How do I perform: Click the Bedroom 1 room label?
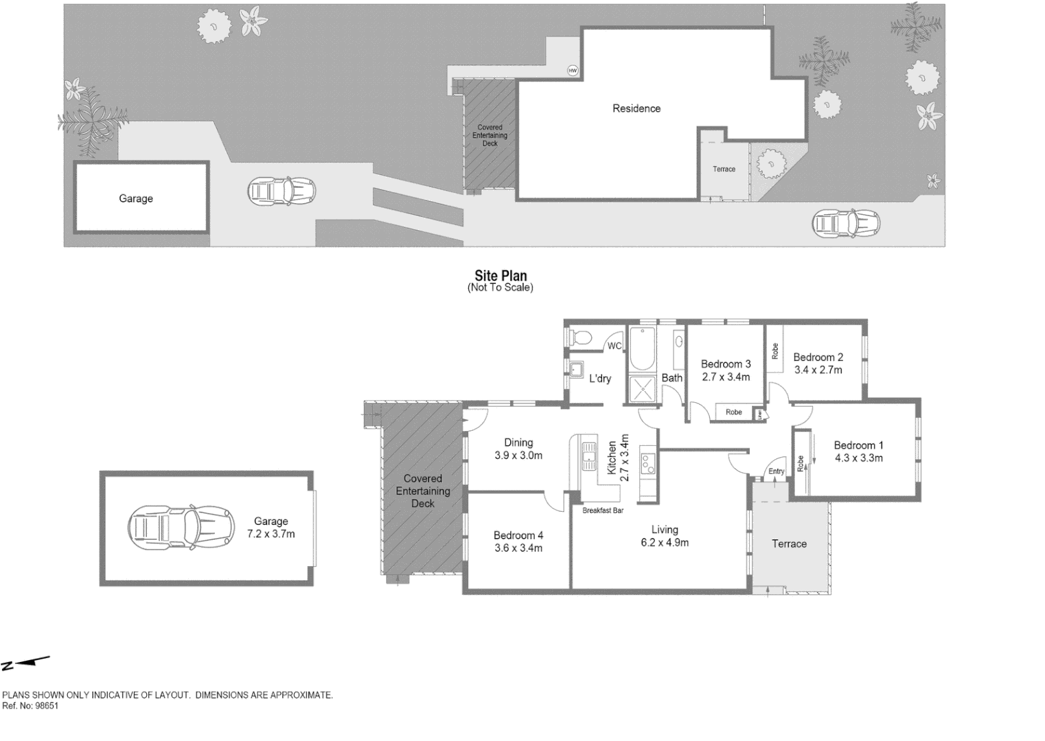click(858, 445)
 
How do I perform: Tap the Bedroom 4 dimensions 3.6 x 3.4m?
click(518, 548)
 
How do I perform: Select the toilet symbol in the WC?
click(581, 337)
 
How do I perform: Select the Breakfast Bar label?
click(602, 510)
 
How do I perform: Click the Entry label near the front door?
click(776, 471)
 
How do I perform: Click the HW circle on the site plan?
click(572, 71)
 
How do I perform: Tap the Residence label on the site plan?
click(636, 108)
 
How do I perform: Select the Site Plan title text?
click(501, 276)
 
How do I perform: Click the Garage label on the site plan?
click(135, 198)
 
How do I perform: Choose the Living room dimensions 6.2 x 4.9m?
click(664, 542)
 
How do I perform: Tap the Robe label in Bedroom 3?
click(733, 412)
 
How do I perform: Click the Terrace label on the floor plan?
click(789, 543)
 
